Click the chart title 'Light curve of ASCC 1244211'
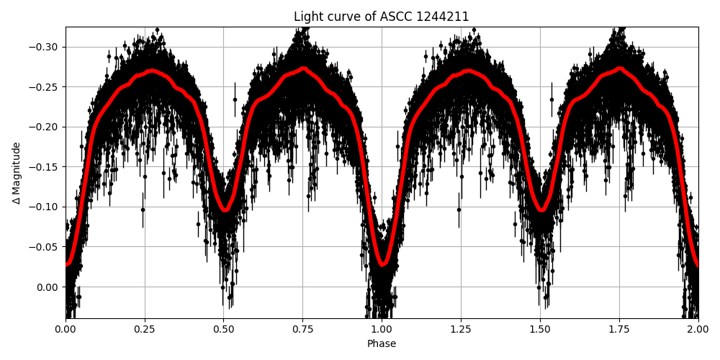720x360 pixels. [382, 17]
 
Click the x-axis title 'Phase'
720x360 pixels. [382, 344]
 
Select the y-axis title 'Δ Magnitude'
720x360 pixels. [16, 173]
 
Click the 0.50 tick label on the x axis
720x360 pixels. [224, 329]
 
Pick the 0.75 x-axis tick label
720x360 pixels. [302, 329]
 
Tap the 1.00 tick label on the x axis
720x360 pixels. [382, 329]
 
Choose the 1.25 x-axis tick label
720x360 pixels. [461, 329]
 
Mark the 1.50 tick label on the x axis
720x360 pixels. [540, 329]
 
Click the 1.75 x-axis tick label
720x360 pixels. [619, 329]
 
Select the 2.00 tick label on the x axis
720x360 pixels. [698, 329]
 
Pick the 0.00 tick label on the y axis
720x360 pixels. [48, 287]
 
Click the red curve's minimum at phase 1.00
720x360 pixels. [382, 264]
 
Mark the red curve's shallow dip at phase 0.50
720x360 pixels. [225, 210]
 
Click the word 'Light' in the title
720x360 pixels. [307, 17]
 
